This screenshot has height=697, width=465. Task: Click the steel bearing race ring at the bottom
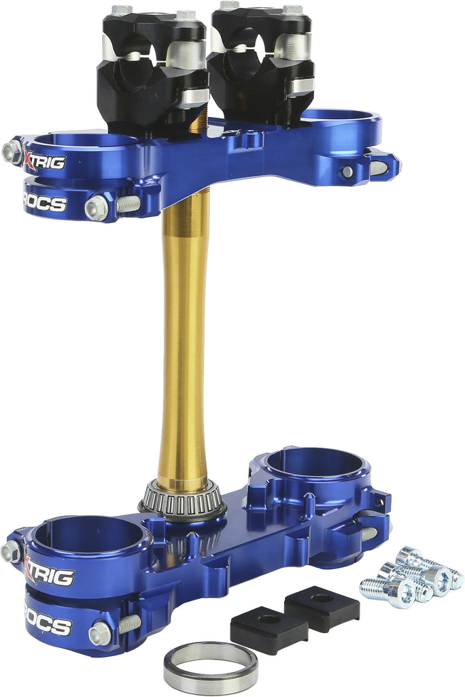tap(210, 670)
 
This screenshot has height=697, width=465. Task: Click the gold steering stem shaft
tap(184, 340)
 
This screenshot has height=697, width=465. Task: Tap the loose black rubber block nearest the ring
tap(269, 630)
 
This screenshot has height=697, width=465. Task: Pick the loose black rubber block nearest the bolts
tap(321, 608)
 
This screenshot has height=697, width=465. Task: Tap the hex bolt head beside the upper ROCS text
tap(97, 208)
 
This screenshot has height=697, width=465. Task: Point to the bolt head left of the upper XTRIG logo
tap(12, 152)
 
